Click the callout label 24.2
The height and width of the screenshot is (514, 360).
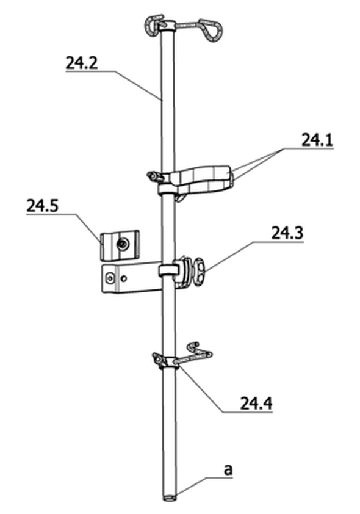click(82, 63)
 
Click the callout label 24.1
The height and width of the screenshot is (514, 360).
click(317, 140)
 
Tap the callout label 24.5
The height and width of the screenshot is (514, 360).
click(42, 206)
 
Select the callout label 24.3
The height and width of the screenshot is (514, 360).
click(287, 233)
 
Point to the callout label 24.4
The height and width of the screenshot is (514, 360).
click(256, 404)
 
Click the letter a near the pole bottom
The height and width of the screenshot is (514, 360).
click(228, 469)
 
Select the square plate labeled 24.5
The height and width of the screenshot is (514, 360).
click(120, 245)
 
